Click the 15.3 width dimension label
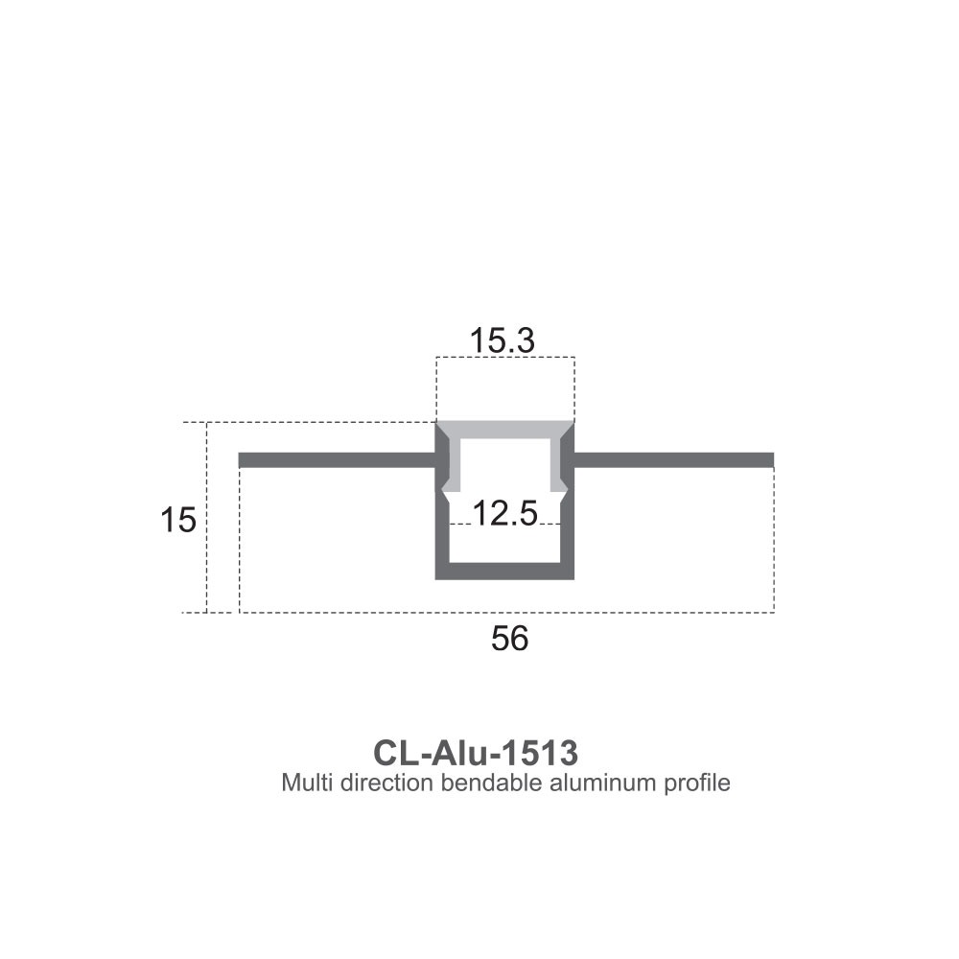tap(501, 339)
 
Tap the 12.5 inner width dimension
tap(503, 514)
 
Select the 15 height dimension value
tap(178, 521)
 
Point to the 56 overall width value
tap(509, 639)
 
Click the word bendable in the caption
tap(490, 783)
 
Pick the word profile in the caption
tap(697, 783)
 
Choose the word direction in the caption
tap(381, 783)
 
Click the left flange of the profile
tap(336, 460)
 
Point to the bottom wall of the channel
tap(505, 573)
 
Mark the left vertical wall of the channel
tap(442, 532)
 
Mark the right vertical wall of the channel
tap(569, 532)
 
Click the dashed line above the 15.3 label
tap(505, 358)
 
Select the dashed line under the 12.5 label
tap(505, 525)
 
